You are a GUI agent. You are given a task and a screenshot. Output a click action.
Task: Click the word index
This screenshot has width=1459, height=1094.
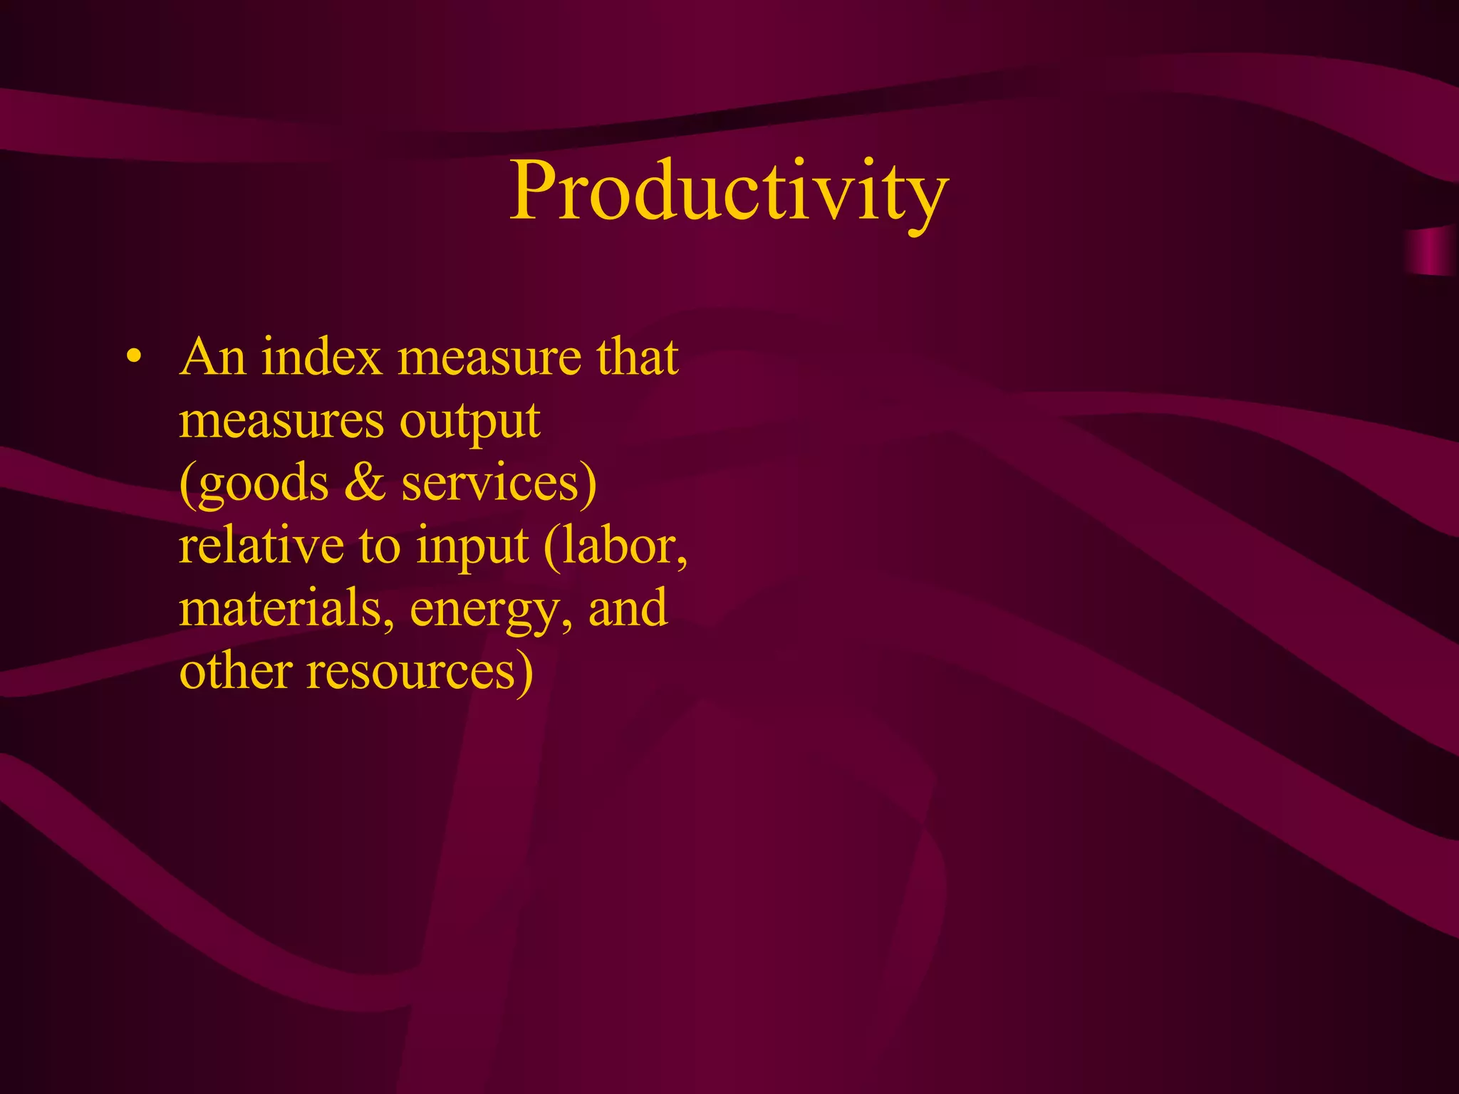pos(322,357)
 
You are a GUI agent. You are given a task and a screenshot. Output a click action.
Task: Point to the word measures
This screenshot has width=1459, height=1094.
pos(281,420)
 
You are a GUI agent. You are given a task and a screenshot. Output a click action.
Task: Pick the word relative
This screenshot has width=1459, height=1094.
pos(261,546)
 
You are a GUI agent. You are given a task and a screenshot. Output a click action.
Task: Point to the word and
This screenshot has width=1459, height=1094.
pos(628,608)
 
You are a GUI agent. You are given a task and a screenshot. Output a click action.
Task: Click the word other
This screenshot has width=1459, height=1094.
pos(236,671)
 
